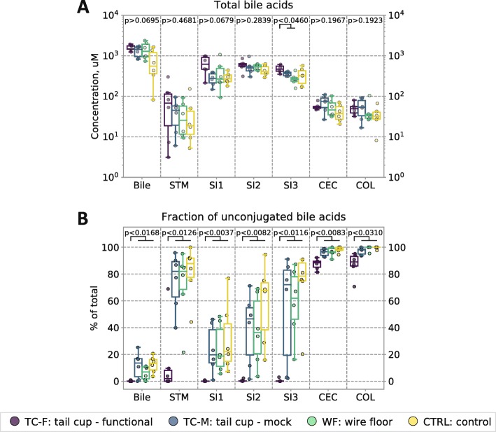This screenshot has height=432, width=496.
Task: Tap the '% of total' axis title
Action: [96, 308]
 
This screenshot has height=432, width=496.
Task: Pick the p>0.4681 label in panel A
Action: [179, 21]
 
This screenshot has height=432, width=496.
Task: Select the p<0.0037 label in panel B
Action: [216, 232]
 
